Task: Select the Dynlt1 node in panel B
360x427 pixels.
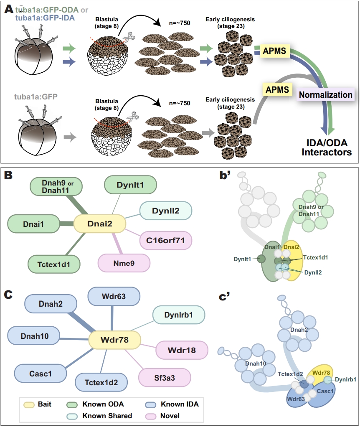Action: tap(130, 184)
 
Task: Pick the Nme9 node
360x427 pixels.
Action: tap(124, 264)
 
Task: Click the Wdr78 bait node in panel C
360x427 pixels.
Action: tap(115, 341)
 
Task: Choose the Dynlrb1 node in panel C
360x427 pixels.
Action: tap(179, 315)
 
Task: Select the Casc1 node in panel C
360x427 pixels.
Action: tap(41, 374)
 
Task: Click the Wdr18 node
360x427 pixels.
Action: tap(182, 350)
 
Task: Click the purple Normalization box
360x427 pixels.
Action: tap(325, 94)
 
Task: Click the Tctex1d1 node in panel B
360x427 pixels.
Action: tap(49, 264)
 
